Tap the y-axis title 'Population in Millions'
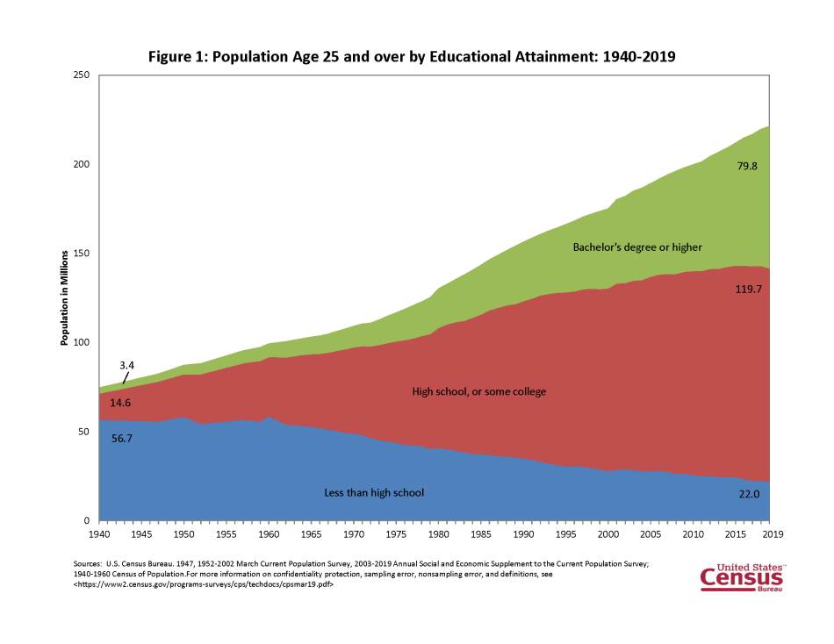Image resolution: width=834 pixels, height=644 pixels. tap(64, 299)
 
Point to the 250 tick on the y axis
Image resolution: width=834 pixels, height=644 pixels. tap(83, 75)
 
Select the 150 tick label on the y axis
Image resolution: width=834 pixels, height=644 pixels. tap(83, 254)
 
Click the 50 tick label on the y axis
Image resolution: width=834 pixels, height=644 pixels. tap(85, 432)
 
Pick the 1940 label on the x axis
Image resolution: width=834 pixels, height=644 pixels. tap(98, 533)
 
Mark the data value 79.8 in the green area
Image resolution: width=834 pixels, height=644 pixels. tap(747, 163)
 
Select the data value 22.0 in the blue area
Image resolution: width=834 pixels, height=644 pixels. tap(749, 495)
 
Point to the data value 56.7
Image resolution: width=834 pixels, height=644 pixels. tap(123, 438)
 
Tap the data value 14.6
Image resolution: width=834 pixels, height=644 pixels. tap(122, 403)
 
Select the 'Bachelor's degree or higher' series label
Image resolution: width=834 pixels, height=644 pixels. tap(636, 247)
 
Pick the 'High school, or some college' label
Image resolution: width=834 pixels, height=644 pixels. tap(478, 391)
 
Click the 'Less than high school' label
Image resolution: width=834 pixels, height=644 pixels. tap(373, 493)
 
